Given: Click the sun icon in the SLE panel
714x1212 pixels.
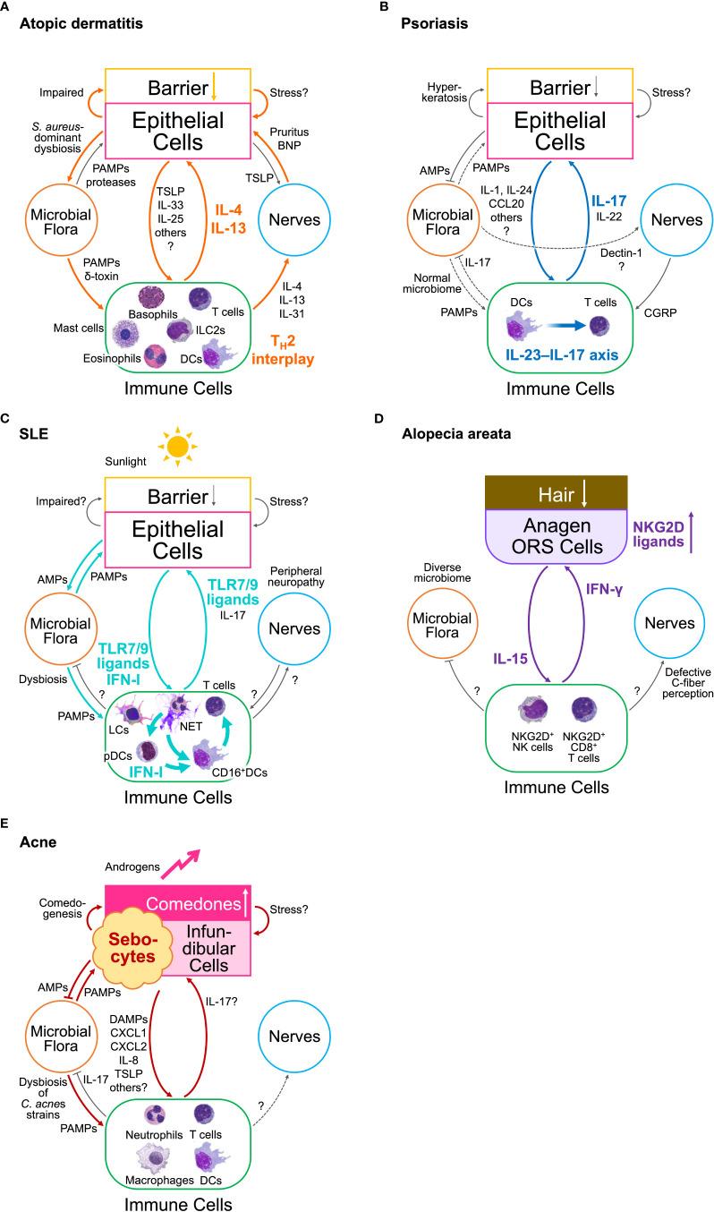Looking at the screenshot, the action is [177, 447].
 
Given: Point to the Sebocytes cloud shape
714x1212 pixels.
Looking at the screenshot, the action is [132, 947].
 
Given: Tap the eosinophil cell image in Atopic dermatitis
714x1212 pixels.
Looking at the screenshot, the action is [155, 356].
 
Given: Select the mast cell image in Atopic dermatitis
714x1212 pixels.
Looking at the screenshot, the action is [125, 334].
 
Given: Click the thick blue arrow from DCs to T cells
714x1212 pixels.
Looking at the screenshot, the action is [565, 326].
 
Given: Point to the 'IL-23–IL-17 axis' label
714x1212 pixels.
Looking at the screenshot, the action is [562, 355].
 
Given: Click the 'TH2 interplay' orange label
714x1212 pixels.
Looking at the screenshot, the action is [283, 351].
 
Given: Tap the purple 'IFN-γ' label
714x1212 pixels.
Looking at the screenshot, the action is [604, 589].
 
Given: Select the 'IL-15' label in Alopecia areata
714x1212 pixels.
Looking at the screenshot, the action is [510, 659].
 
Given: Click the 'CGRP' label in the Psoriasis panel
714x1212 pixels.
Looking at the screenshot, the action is [660, 312].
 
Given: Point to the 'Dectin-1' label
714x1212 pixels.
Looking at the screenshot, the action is [621, 252].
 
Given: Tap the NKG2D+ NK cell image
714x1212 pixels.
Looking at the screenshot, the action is [532, 710].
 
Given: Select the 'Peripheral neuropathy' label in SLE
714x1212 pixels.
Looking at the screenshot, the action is [296, 576].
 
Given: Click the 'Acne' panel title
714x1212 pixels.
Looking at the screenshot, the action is [38, 842].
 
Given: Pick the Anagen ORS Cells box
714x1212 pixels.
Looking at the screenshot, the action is [556, 535].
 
